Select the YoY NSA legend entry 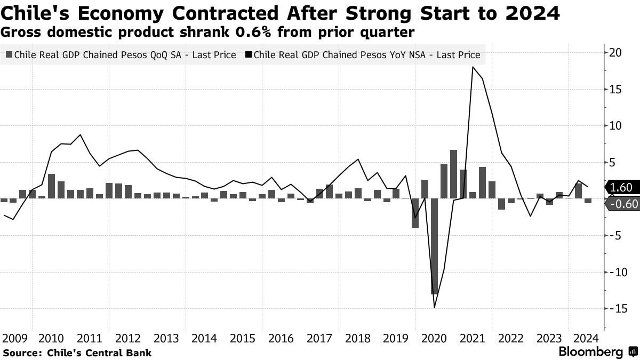click(x=363, y=55)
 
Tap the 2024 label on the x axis click(x=585, y=338)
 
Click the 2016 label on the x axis click(x=281, y=338)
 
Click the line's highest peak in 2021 click(x=473, y=67)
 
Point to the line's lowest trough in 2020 click(x=435, y=307)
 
